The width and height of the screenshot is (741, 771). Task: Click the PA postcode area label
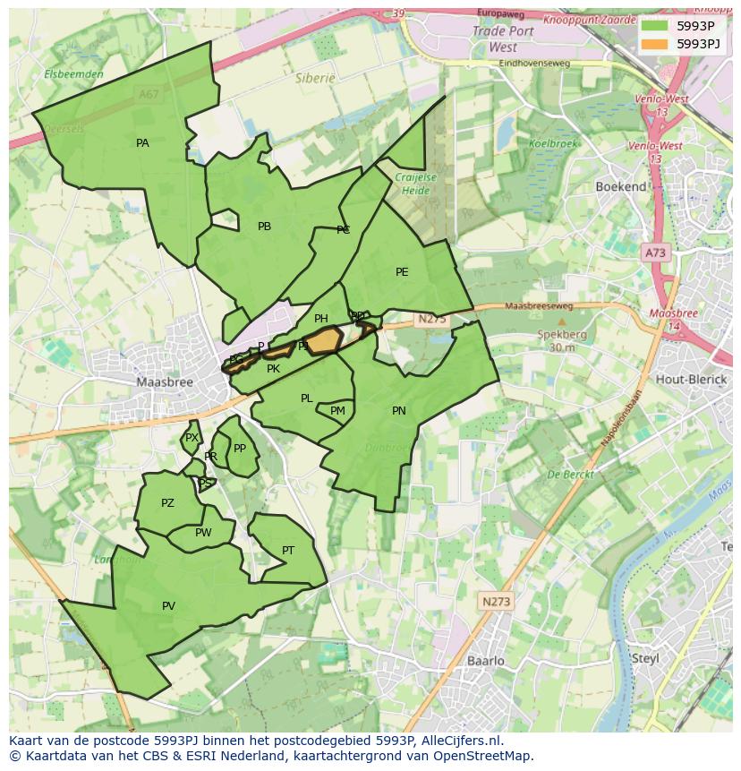pyautogui.click(x=142, y=143)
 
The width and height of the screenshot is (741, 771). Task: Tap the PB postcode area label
pyautogui.click(x=264, y=227)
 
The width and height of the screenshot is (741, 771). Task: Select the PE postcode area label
pyautogui.click(x=402, y=272)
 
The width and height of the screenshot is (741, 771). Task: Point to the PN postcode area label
pyautogui.click(x=399, y=411)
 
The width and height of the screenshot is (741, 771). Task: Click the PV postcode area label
pyautogui.click(x=168, y=606)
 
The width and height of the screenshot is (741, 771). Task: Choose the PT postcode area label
pyautogui.click(x=288, y=551)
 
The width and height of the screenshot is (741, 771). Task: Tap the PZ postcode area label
pyautogui.click(x=167, y=503)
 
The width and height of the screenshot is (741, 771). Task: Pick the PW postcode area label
pyautogui.click(x=203, y=533)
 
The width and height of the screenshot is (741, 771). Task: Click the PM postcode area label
pyautogui.click(x=337, y=412)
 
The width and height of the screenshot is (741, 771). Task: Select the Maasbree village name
pyautogui.click(x=165, y=381)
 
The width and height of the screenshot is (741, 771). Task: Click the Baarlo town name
pyautogui.click(x=486, y=661)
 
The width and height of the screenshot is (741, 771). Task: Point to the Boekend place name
pyautogui.click(x=621, y=186)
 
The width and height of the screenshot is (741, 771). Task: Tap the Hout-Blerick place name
pyautogui.click(x=690, y=380)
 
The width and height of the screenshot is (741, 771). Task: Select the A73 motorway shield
pyautogui.click(x=655, y=253)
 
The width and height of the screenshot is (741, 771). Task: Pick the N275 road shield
pyautogui.click(x=430, y=318)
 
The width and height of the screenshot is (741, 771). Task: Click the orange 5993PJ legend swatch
pyautogui.click(x=654, y=44)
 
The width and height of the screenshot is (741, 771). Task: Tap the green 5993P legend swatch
pyautogui.click(x=654, y=26)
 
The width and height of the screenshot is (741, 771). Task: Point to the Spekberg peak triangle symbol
pyautogui.click(x=562, y=321)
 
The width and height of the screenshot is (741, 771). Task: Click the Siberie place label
pyautogui.click(x=315, y=78)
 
